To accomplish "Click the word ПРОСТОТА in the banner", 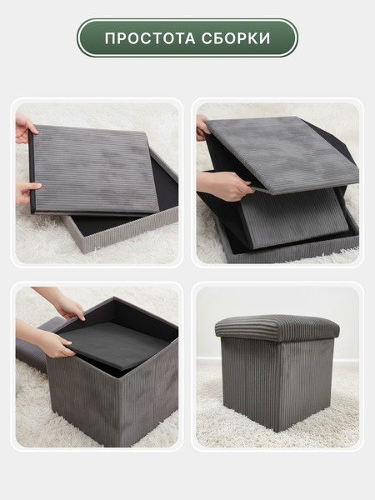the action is [150, 38].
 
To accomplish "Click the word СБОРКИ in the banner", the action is [236, 38].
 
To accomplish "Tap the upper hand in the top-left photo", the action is [25, 128].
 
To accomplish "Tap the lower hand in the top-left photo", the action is [27, 191].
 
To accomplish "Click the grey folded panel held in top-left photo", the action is [94, 169].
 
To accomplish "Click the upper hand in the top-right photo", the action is [203, 127].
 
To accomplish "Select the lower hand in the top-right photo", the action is [225, 186].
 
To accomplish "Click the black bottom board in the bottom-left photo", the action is [115, 344].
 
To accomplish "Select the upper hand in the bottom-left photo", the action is [64, 303].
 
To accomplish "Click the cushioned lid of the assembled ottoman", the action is [277, 327].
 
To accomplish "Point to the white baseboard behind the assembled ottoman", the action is [346, 362].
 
